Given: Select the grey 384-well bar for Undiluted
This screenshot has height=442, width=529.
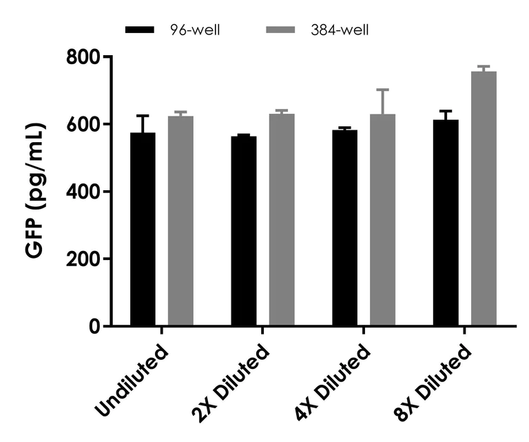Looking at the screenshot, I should [180, 221].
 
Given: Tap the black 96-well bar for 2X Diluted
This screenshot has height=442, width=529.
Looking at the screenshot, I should [244, 231].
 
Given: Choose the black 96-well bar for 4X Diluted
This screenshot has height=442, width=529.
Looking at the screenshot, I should [344, 228].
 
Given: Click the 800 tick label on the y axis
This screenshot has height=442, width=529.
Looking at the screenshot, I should [84, 57].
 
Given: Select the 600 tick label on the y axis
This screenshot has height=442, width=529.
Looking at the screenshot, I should [84, 124].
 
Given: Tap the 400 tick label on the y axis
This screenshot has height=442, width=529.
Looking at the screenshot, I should [84, 192].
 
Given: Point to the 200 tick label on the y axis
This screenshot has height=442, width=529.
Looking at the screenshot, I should [84, 259].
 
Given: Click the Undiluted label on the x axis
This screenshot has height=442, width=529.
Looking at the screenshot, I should [133, 379].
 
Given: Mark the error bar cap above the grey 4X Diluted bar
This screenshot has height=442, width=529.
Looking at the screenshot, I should [382, 90].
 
